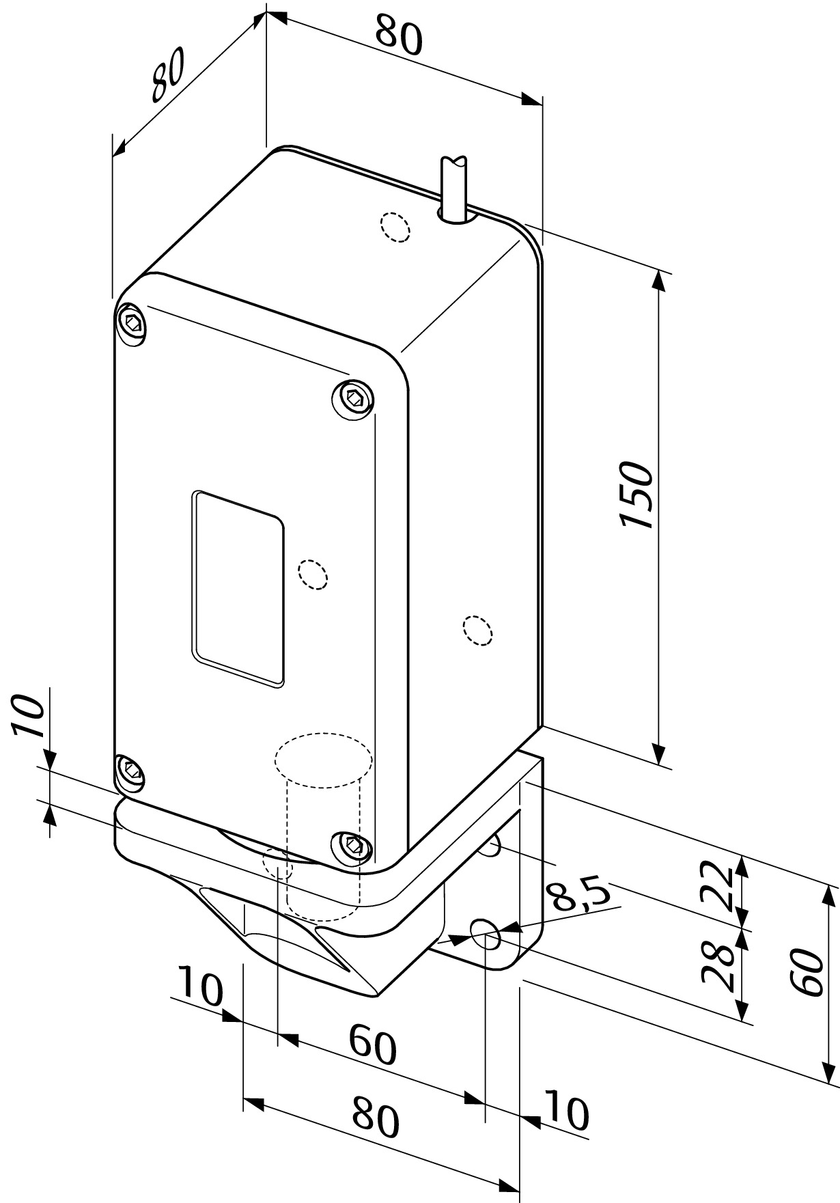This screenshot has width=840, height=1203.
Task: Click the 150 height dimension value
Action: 636,495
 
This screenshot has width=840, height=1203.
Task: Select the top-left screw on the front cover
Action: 132,322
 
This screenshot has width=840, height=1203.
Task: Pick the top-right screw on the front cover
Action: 354,398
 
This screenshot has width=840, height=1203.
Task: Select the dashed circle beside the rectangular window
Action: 313,574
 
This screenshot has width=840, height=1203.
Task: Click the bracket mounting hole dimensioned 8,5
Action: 486,935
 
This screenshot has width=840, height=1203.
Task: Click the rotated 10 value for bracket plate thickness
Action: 29,718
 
